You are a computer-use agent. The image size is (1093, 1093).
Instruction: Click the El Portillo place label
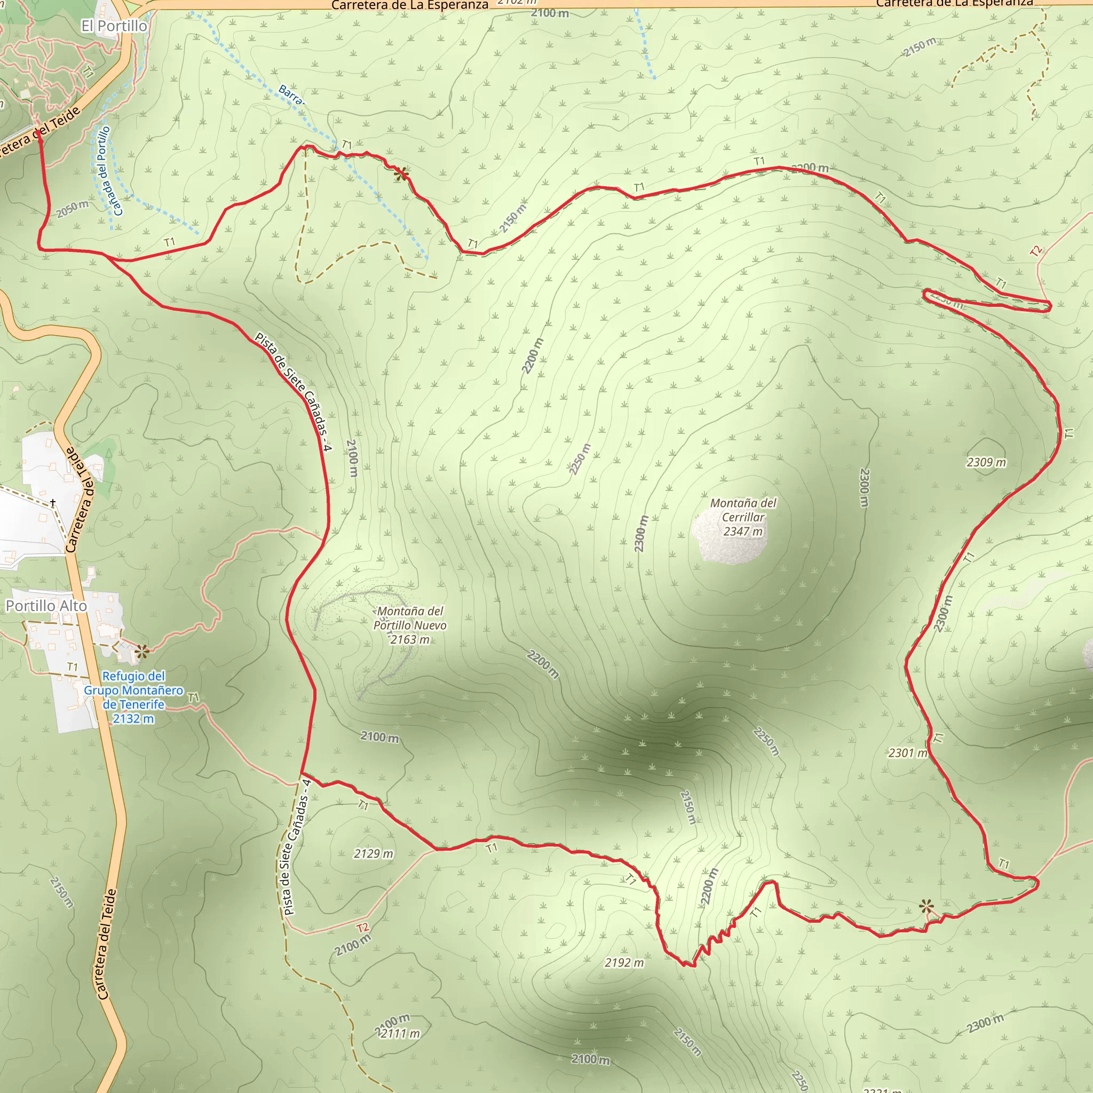coord(114,26)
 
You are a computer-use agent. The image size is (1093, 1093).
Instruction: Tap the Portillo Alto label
coord(46,606)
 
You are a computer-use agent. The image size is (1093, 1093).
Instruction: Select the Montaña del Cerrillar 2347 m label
coord(743,517)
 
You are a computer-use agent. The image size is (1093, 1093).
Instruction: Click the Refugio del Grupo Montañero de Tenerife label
coord(133,690)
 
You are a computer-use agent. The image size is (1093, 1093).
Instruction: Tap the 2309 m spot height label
coord(986,462)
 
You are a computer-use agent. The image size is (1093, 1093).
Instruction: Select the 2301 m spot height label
coord(907,753)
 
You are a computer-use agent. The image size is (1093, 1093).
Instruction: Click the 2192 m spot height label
coord(624,962)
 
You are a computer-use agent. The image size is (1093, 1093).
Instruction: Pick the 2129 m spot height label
coord(373,853)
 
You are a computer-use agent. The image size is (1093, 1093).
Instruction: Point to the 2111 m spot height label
coord(400,1034)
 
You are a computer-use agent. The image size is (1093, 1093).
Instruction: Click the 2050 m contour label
coord(73,209)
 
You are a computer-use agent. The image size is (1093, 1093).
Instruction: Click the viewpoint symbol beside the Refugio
coord(142,652)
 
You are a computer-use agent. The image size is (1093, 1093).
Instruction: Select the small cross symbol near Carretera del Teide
coord(53,502)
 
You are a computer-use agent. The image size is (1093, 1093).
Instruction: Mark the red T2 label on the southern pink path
coord(362,927)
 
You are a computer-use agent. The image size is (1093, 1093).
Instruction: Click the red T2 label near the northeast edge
coord(1036,251)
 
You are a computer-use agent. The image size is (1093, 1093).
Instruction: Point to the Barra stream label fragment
coord(291,94)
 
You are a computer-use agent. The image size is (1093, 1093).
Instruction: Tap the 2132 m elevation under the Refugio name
coord(133,718)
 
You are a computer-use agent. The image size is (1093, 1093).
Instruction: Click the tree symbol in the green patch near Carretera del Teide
coord(108,453)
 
